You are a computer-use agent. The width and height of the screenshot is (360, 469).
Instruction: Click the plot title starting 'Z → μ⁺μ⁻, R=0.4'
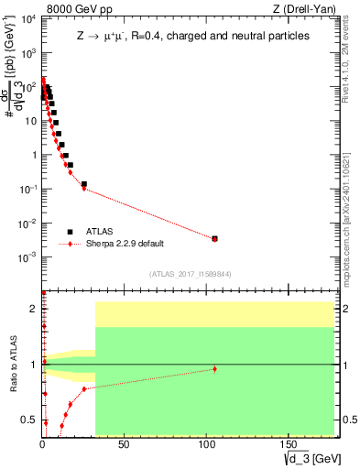[x=192, y=35]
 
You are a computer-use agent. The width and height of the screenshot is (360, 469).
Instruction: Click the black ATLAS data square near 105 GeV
[x=214, y=238]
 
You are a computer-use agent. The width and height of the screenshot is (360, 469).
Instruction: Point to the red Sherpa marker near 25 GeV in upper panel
[x=83, y=189]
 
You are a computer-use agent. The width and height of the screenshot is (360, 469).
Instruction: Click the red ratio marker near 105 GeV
[x=214, y=369]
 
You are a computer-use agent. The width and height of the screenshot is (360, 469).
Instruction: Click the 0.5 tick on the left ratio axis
[x=30, y=420]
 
